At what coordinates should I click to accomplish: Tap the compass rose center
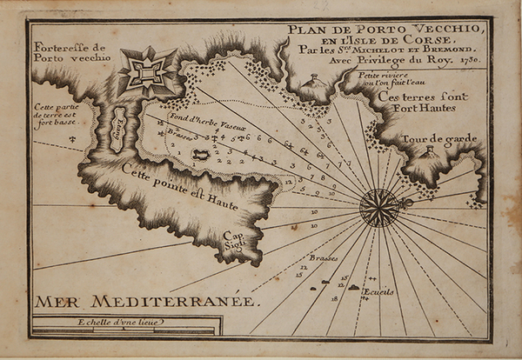(x=380, y=207)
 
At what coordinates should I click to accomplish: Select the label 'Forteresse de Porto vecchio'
(x=71, y=52)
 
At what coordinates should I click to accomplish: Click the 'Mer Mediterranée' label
(x=147, y=301)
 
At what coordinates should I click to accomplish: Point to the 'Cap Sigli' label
(x=233, y=241)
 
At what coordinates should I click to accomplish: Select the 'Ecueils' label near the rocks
(x=378, y=291)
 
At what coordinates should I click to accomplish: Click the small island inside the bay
(x=200, y=156)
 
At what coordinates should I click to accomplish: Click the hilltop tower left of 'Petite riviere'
(x=313, y=80)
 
